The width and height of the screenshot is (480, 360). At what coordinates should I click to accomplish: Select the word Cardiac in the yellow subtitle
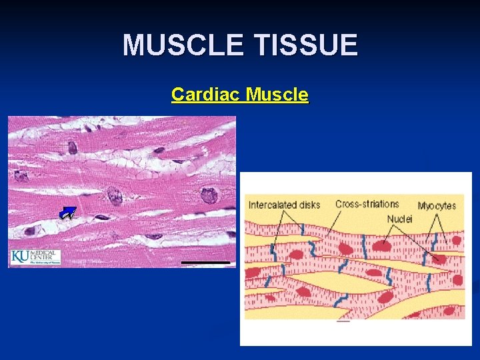tap(205, 95)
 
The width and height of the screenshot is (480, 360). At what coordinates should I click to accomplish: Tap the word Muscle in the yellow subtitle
tap(277, 95)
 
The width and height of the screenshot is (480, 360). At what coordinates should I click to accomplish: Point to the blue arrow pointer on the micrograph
tap(67, 213)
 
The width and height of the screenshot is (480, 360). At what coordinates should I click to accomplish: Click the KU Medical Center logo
tap(35, 257)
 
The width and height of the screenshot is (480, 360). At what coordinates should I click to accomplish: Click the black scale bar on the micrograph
tap(207, 263)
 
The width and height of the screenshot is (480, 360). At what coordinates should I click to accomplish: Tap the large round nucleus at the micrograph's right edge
tap(210, 195)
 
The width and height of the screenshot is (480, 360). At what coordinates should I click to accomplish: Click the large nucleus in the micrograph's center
tap(115, 196)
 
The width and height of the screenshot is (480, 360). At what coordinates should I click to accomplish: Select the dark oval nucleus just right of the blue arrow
tap(102, 217)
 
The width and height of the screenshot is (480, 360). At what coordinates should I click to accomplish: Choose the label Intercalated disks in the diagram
tap(284, 205)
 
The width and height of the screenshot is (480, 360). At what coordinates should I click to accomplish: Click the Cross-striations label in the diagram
tap(367, 204)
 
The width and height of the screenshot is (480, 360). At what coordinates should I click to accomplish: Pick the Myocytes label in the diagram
tap(437, 205)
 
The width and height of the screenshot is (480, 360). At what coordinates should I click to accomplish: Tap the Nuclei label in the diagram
tap(400, 219)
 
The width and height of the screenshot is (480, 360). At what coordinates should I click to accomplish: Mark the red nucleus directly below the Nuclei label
tap(381, 245)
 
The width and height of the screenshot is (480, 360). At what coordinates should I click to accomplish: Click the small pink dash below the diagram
tap(343, 321)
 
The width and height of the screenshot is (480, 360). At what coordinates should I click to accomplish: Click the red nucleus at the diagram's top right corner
tap(457, 240)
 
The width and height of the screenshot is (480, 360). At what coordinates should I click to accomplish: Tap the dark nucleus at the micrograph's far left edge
tap(21, 176)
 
